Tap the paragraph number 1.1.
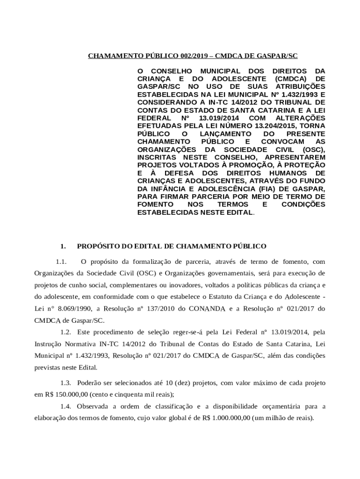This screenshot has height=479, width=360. click(x=63, y=261)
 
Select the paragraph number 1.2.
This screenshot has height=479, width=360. click(x=66, y=332)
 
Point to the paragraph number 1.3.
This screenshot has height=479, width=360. click(x=66, y=383)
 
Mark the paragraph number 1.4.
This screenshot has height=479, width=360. click(x=66, y=406)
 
